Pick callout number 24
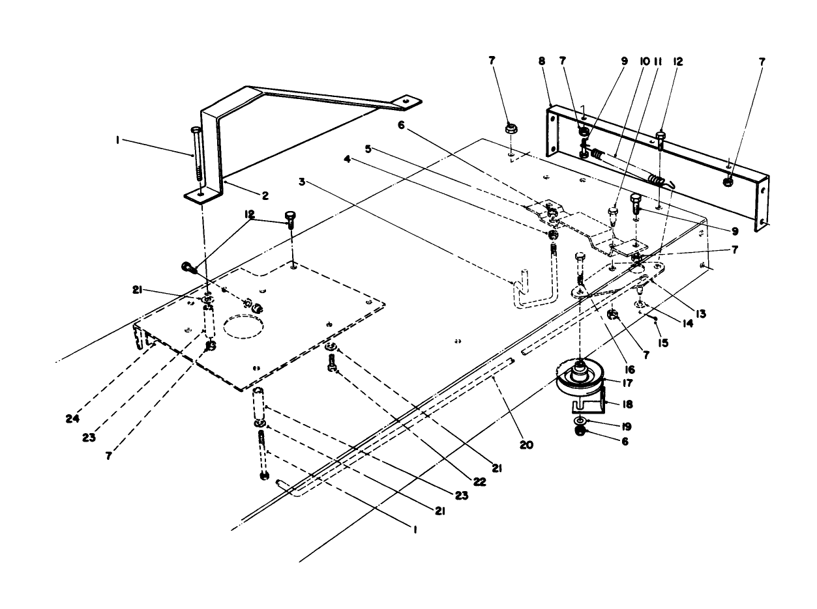pyautogui.click(x=72, y=419)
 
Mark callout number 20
pyautogui.click(x=526, y=446)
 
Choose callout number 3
pyautogui.click(x=301, y=181)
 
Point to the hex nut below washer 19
pyautogui.click(x=580, y=435)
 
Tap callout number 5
pyautogui.click(x=368, y=149)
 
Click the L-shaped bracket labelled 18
pyautogui.click(x=591, y=404)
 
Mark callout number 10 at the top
pyautogui.click(x=644, y=61)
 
